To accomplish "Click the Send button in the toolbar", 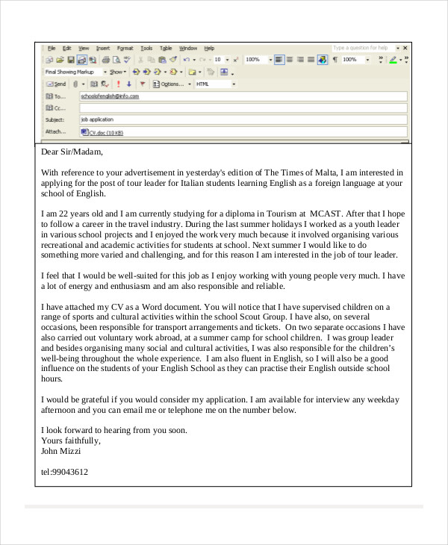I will [56, 84].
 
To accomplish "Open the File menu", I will [52, 48].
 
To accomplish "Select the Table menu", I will [166, 48].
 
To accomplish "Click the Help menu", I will [209, 48].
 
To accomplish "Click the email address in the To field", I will [110, 96].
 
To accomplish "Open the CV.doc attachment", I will [105, 132].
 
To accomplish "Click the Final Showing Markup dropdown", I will [75, 72].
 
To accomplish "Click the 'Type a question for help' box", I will [361, 48].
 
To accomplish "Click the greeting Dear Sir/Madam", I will [72, 152].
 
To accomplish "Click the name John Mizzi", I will [60, 451].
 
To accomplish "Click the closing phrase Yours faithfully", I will [71, 440].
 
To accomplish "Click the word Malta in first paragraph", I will [314, 172].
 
